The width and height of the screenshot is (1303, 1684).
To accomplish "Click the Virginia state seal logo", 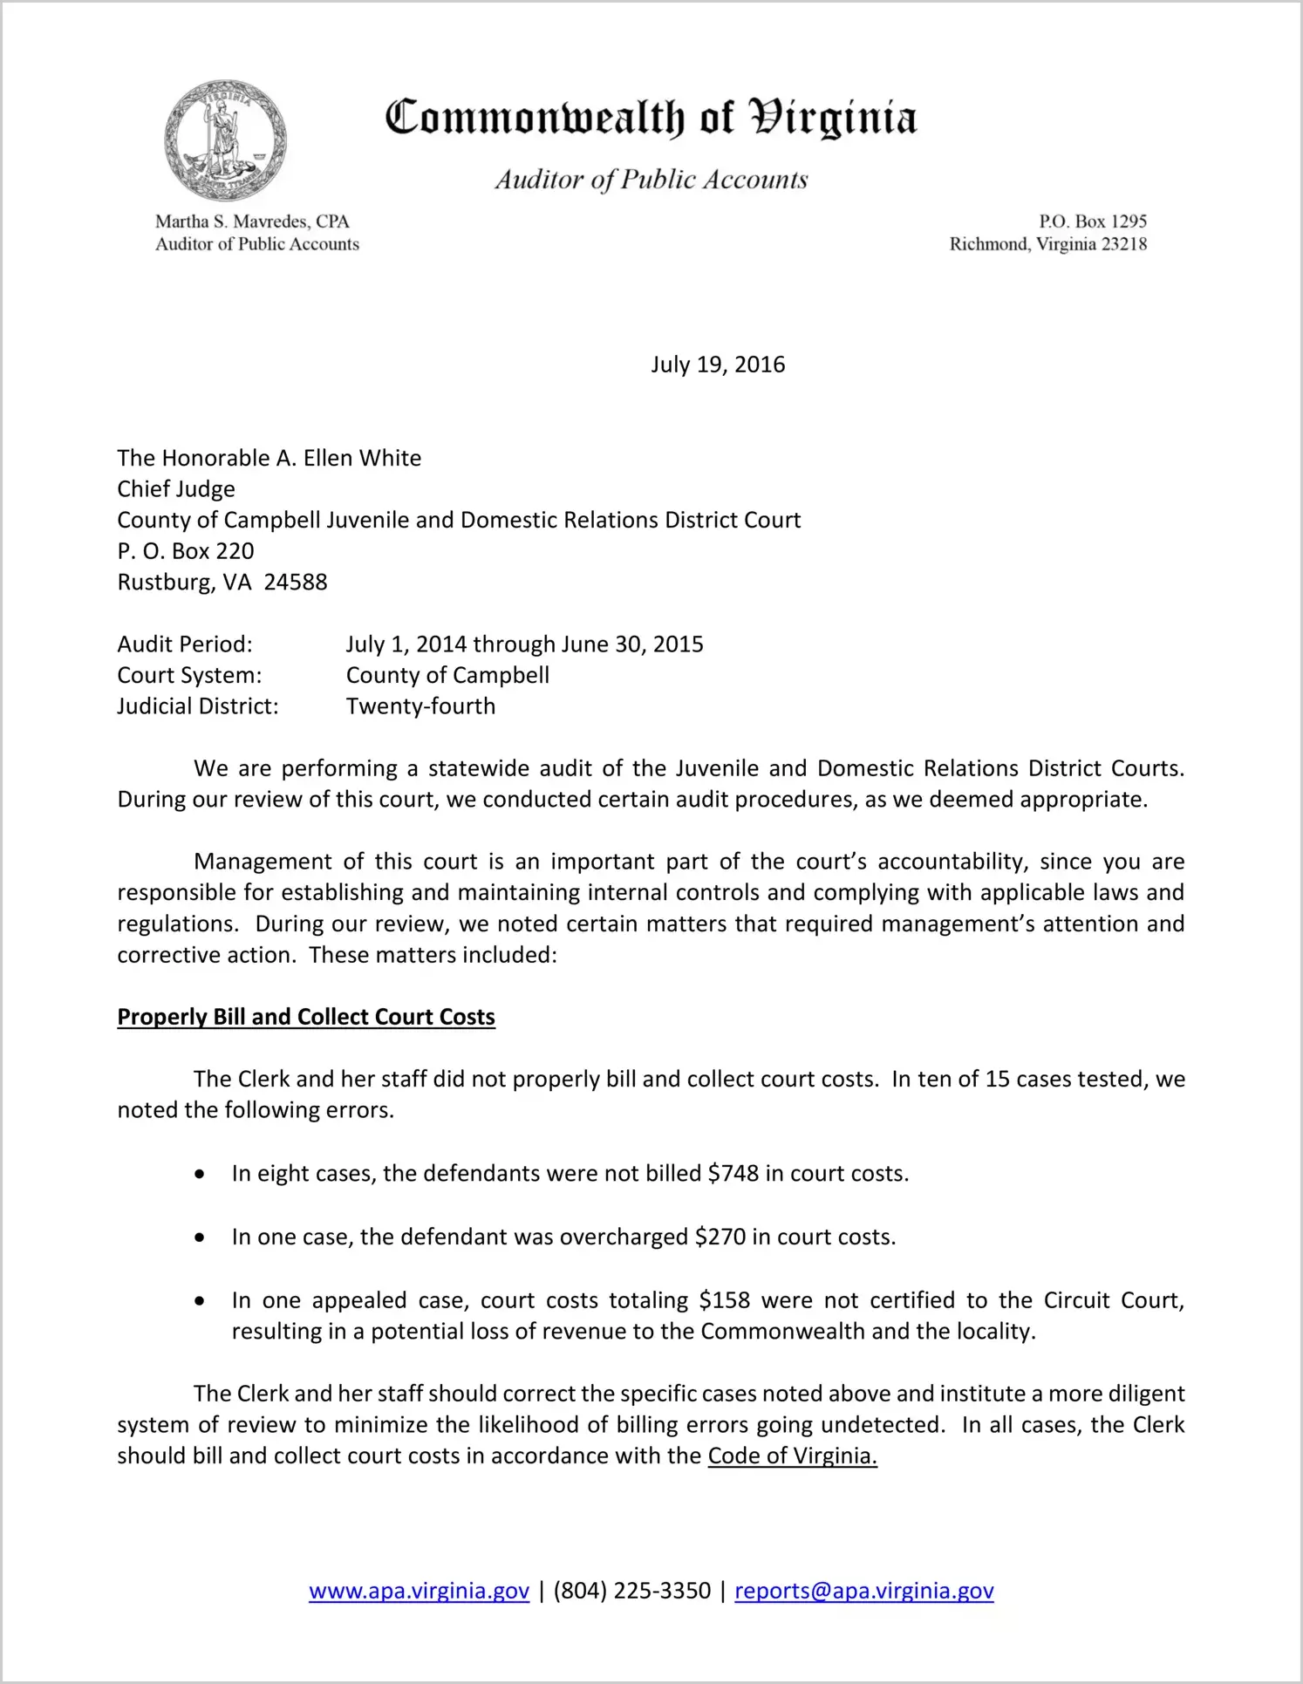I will pyautogui.click(x=225, y=140).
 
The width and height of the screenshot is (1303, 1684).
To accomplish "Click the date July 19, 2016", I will pyautogui.click(x=717, y=365).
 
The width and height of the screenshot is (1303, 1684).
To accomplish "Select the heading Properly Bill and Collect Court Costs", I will pyautogui.click(x=306, y=1017).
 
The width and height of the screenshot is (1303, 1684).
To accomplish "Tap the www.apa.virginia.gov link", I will pyautogui.click(x=419, y=1591).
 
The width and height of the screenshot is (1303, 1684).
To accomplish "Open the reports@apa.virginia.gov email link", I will pyautogui.click(x=863, y=1591).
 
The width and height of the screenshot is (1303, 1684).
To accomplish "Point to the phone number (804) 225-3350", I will pyautogui.click(x=631, y=1591).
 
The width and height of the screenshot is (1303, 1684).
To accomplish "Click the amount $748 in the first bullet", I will pyautogui.click(x=733, y=1174).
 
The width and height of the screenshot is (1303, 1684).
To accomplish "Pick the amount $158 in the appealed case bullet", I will pyautogui.click(x=724, y=1300).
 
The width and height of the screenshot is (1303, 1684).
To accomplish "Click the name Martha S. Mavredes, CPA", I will pyautogui.click(x=252, y=222).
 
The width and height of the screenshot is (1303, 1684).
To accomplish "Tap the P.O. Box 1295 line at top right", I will pyautogui.click(x=1092, y=222).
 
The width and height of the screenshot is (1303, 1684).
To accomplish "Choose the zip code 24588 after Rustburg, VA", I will pyautogui.click(x=296, y=583).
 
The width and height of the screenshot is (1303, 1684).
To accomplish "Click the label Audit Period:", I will pyautogui.click(x=185, y=644).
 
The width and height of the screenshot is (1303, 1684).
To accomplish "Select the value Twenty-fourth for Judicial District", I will pyautogui.click(x=420, y=706).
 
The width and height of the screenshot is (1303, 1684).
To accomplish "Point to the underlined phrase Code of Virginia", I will pyautogui.click(x=792, y=1456).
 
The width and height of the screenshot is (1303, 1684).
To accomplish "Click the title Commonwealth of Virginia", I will pyautogui.click(x=651, y=119).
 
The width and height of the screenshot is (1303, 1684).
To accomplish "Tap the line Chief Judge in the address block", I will pyautogui.click(x=176, y=489).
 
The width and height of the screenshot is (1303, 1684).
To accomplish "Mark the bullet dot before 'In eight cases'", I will pyautogui.click(x=201, y=1175).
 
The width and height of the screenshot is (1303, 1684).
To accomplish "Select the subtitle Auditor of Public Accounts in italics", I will pyautogui.click(x=651, y=180).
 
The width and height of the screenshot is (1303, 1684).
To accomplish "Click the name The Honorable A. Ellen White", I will pyautogui.click(x=269, y=458).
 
